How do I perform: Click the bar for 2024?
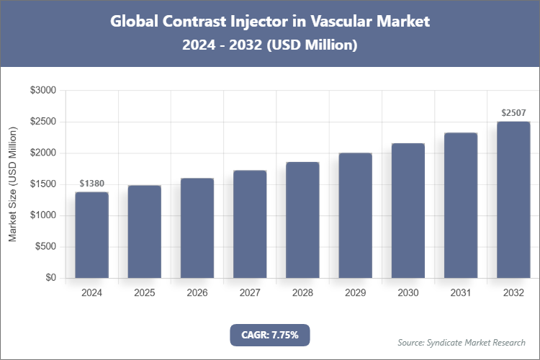pos(91,235)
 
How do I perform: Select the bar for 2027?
pos(250,224)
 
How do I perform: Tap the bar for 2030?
pos(408,210)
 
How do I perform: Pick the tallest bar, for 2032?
pos(513,199)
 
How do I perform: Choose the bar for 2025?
pos(144,231)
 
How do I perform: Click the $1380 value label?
pos(91,184)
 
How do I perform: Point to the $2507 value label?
pos(513,113)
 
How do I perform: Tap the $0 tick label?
pos(50,278)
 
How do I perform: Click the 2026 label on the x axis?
pos(197,293)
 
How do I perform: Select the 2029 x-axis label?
pos(355,293)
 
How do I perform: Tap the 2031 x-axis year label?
pos(460,293)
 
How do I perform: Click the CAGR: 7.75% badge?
pos(269,334)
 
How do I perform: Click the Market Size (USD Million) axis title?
pos(12,184)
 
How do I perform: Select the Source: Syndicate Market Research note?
pos(461,342)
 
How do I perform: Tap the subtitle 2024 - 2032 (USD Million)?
pos(269,45)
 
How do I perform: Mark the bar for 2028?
pos(302,220)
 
